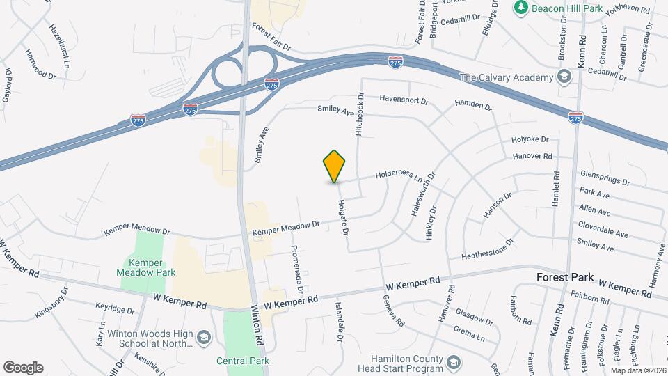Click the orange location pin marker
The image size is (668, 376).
pos(335,166)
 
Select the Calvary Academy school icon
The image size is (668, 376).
pos(564,76)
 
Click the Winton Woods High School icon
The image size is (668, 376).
pos(202,338)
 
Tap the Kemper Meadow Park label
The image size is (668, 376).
pos(146,268)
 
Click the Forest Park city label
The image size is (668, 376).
pos(565,277)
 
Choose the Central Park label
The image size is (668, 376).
pos(241,361)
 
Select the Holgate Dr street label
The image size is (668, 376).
pos(342,217)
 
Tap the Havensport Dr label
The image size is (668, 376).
pos(404,100)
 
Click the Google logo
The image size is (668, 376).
pos(23,368)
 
